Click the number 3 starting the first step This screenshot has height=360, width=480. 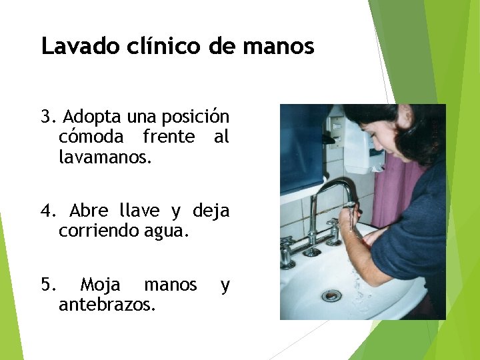pyautogui.click(x=45, y=117)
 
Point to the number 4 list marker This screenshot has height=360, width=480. pyautogui.click(x=45, y=211)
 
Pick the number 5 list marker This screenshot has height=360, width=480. pyautogui.click(x=45, y=285)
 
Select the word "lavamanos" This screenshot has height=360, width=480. pyautogui.click(x=103, y=158)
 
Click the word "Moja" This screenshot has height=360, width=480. pyautogui.click(x=100, y=285)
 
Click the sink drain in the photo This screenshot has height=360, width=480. pyautogui.click(x=331, y=295)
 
